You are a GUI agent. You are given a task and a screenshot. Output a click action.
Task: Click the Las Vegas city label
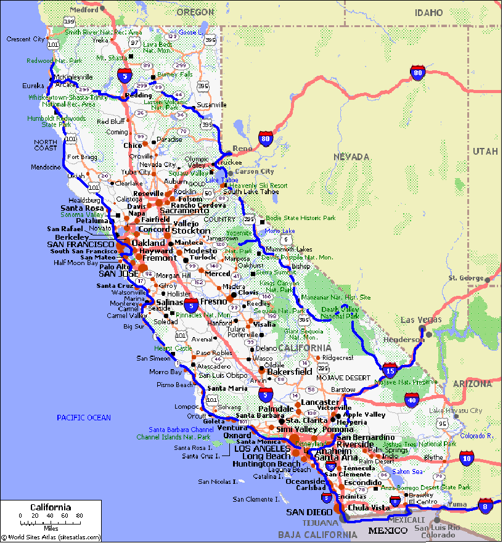tap(421, 320)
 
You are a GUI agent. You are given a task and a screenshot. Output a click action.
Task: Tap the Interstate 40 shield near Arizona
tap(412, 400)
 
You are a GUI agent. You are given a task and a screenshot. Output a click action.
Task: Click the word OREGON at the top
tap(195, 12)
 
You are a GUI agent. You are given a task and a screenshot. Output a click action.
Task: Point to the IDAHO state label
tap(428, 12)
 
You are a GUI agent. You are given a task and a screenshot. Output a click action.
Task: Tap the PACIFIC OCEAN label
tap(84, 418)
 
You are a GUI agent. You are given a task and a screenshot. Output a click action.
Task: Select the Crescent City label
tap(26, 39)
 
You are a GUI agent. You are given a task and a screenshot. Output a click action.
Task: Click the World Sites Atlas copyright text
tap(51, 537)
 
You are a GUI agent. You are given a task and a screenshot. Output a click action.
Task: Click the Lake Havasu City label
tap(456, 410)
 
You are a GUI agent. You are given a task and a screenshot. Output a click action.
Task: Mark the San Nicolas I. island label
tap(217, 483)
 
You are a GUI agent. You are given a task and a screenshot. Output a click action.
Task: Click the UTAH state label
tap(486, 151)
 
